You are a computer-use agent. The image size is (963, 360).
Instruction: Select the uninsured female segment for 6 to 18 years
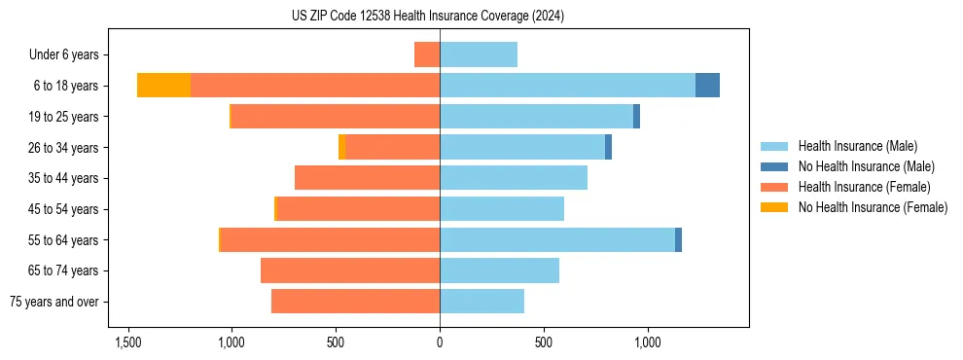point(163,86)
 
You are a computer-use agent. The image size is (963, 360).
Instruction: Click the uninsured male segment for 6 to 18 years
point(707,86)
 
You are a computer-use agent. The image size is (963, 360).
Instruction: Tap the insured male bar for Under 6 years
point(479,54)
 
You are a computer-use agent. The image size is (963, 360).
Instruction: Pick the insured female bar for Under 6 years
point(427,54)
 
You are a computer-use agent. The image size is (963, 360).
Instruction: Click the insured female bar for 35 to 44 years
point(367,178)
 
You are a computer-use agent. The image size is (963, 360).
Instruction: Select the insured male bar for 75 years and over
point(481,302)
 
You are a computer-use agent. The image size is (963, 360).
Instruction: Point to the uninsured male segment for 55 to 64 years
point(678,239)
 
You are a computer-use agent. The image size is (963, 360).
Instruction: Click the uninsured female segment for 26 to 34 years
point(341,147)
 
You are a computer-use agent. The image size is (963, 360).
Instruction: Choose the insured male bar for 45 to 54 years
point(502,208)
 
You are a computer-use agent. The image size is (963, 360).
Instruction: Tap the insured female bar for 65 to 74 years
point(350,270)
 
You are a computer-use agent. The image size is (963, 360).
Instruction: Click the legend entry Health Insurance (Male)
point(857,147)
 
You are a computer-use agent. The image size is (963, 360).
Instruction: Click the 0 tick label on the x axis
point(440,342)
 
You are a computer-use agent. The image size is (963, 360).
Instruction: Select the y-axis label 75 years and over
point(53,302)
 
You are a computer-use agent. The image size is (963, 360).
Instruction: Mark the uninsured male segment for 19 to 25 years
point(636,117)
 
